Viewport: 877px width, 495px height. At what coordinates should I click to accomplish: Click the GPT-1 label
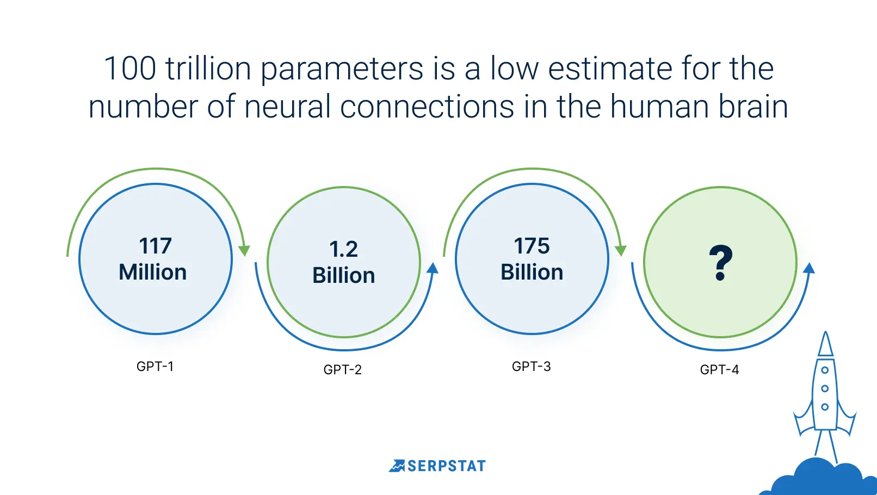click(x=155, y=366)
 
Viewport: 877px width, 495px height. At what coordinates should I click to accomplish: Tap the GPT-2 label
click(x=343, y=369)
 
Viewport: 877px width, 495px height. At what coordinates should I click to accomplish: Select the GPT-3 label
click(x=532, y=366)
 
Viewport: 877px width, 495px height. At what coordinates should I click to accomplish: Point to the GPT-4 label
click(x=719, y=369)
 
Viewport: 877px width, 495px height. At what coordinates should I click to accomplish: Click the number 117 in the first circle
click(x=155, y=246)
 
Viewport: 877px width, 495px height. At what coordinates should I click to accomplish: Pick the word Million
click(x=153, y=272)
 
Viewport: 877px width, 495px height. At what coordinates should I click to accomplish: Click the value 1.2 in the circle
click(x=343, y=249)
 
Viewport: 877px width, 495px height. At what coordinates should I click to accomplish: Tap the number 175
click(x=532, y=246)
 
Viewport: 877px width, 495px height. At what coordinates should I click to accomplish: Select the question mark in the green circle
click(x=720, y=263)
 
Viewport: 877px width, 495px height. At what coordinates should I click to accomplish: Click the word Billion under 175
click(x=532, y=272)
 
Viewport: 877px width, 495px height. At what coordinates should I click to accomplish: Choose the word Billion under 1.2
click(x=343, y=275)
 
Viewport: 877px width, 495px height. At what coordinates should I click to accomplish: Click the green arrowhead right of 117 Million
click(x=244, y=251)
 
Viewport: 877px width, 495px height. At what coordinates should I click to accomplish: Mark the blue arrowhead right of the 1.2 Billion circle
click(x=432, y=268)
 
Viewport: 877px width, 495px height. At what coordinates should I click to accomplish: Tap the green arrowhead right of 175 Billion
click(x=621, y=251)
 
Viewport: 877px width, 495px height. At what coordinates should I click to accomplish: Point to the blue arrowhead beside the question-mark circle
click(x=809, y=268)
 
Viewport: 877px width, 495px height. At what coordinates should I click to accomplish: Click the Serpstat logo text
click(x=446, y=466)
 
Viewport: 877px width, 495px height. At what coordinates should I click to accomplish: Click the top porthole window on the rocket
click(x=825, y=370)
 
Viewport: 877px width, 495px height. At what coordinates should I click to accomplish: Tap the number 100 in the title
click(x=130, y=69)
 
